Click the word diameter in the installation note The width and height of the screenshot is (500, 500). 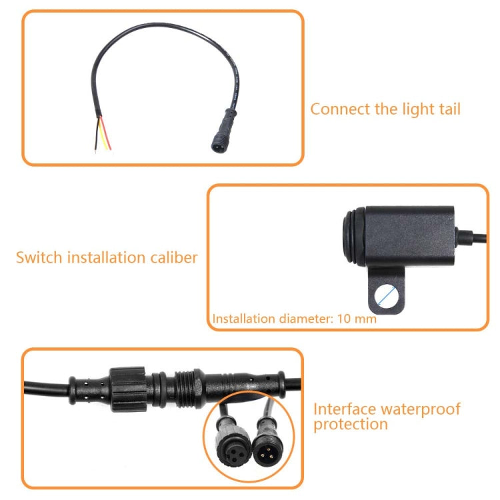point(302,319)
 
